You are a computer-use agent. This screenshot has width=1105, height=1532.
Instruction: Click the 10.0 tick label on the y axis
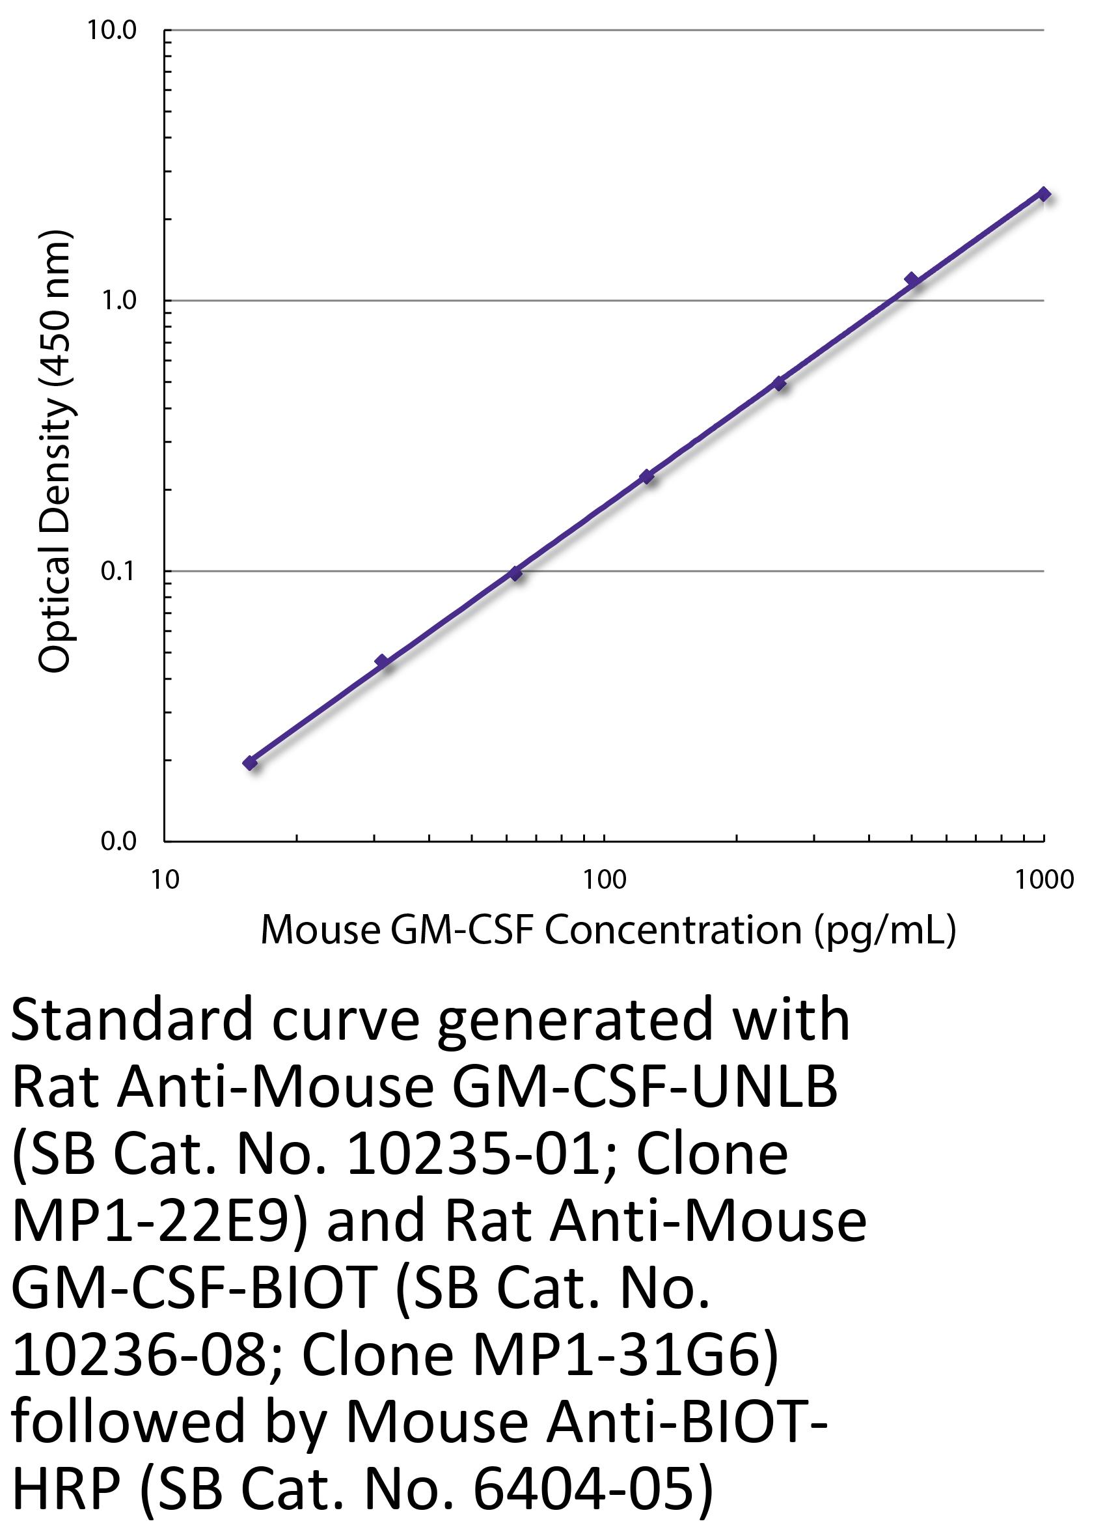111,31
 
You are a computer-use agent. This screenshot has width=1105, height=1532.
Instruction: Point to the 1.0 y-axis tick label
118,301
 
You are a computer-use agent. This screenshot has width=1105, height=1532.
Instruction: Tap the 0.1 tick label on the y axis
118,572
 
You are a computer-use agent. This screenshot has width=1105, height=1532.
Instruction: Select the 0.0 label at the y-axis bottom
118,842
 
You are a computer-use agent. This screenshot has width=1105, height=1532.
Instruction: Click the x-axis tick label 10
165,880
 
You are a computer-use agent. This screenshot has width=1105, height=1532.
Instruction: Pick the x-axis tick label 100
604,880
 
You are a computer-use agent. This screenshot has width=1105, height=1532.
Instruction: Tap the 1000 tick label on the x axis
1044,880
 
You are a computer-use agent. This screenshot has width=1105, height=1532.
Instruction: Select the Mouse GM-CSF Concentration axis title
608,931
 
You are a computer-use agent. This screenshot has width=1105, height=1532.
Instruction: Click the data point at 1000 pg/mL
1044,195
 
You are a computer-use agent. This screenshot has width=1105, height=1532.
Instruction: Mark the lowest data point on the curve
251,763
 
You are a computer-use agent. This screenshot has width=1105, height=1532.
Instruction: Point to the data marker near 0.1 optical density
515,574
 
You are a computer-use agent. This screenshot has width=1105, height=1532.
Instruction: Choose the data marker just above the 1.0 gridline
912,279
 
